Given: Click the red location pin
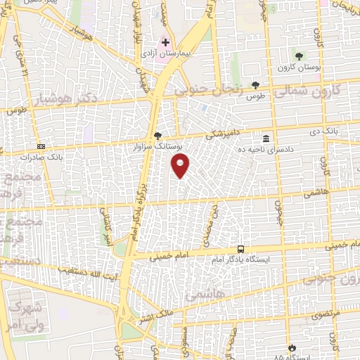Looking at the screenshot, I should click(x=181, y=165).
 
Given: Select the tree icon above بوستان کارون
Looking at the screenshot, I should click(x=300, y=55).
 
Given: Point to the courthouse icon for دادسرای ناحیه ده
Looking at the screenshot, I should click(x=266, y=138).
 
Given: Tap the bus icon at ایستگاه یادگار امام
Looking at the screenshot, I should click(x=241, y=249).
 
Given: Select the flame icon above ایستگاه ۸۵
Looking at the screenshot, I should click(x=292, y=347).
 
